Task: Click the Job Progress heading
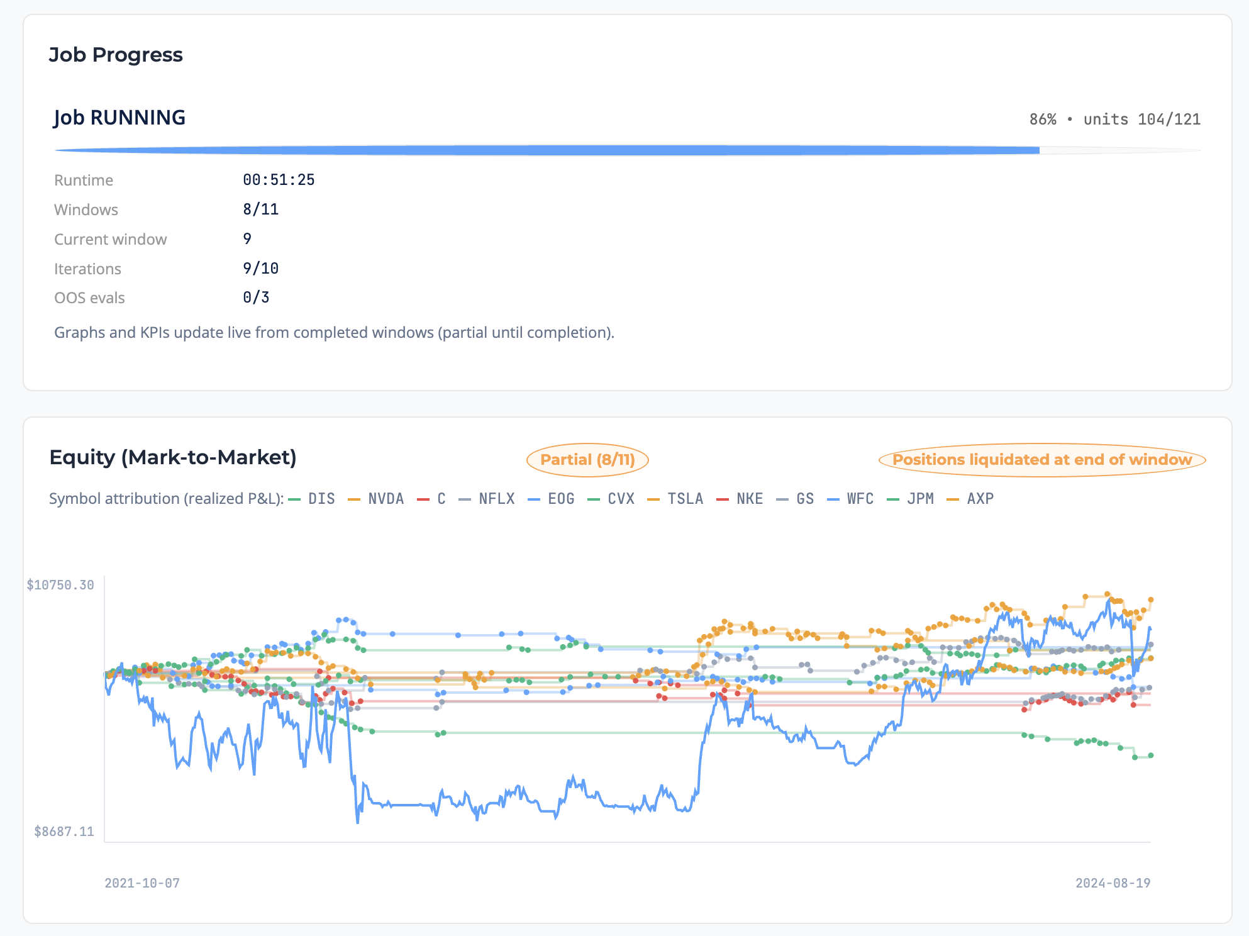(x=116, y=55)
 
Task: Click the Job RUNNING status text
(x=119, y=118)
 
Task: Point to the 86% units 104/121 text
(x=1114, y=120)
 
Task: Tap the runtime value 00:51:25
(x=279, y=180)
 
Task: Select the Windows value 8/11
(x=260, y=209)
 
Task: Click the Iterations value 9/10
(x=260, y=269)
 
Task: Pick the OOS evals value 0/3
(x=256, y=298)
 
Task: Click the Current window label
(x=110, y=239)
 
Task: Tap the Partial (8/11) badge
(x=587, y=460)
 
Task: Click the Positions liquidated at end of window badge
(x=1041, y=460)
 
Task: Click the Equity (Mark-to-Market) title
(x=173, y=457)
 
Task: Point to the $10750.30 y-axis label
(x=60, y=585)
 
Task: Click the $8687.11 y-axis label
(x=64, y=832)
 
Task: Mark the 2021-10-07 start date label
(x=142, y=883)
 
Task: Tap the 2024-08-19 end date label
(x=1113, y=883)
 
